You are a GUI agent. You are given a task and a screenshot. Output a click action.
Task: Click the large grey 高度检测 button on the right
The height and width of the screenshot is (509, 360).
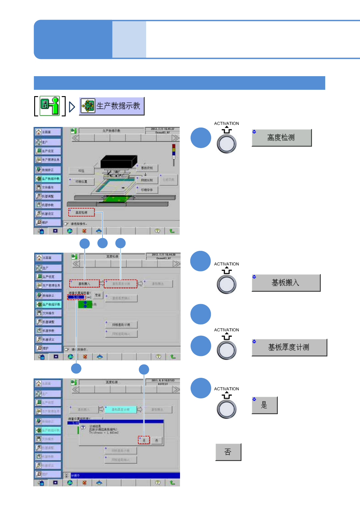(x=281, y=138)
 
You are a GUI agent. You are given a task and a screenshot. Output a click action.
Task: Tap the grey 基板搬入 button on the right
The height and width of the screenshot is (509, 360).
(x=286, y=283)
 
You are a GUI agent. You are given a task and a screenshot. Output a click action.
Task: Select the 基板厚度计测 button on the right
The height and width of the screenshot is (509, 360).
(x=289, y=348)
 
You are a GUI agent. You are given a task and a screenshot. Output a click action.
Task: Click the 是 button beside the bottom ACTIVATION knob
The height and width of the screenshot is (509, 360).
(x=264, y=405)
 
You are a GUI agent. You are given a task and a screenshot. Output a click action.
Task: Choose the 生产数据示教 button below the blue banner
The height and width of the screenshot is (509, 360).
(x=112, y=106)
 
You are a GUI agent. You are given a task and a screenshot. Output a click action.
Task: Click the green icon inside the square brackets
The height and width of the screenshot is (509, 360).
(x=50, y=106)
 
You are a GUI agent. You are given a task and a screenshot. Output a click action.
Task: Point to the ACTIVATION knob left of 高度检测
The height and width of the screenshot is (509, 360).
(x=226, y=144)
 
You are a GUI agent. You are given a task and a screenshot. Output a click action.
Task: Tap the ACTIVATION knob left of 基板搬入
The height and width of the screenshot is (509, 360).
(x=226, y=284)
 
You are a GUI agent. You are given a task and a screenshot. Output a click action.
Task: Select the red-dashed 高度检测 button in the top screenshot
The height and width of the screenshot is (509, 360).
(x=81, y=212)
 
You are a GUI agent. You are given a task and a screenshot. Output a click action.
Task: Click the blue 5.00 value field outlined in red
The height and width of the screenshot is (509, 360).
(x=76, y=297)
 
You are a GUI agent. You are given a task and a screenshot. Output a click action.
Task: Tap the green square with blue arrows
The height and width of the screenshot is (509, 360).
(x=85, y=304)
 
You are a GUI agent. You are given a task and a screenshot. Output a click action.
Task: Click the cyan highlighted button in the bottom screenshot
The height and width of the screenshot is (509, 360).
(x=120, y=410)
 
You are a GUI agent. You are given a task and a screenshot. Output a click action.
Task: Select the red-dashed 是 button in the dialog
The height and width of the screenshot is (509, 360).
(x=144, y=440)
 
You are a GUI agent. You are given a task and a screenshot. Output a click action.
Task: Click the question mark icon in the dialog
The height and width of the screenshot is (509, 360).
(x=83, y=427)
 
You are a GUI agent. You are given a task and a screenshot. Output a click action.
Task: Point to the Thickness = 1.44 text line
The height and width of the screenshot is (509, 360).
(x=104, y=433)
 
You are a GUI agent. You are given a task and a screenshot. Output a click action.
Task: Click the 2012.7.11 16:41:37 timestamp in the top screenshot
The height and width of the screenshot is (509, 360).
(x=162, y=129)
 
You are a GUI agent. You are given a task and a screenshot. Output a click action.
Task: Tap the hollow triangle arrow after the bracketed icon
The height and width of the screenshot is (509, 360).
(x=72, y=106)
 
